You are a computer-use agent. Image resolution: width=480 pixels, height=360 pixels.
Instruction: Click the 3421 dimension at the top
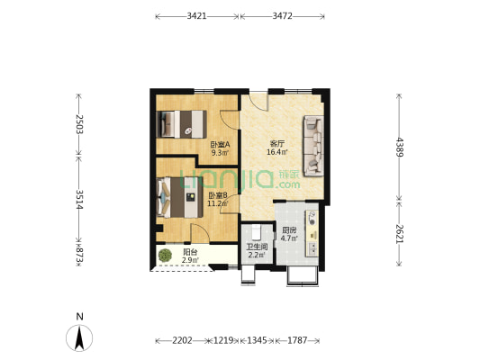point(197,16)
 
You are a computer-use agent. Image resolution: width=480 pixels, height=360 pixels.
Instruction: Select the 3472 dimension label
point(283,16)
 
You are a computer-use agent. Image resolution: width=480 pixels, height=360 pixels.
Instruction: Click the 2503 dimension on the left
point(79,123)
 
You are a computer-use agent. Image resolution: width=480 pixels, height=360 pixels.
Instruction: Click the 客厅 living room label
point(277,144)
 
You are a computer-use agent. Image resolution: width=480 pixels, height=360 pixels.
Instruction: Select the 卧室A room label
point(221,145)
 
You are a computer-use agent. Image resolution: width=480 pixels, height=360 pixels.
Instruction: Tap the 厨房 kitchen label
point(289,229)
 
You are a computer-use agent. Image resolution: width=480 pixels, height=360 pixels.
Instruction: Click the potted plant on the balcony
point(165,256)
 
